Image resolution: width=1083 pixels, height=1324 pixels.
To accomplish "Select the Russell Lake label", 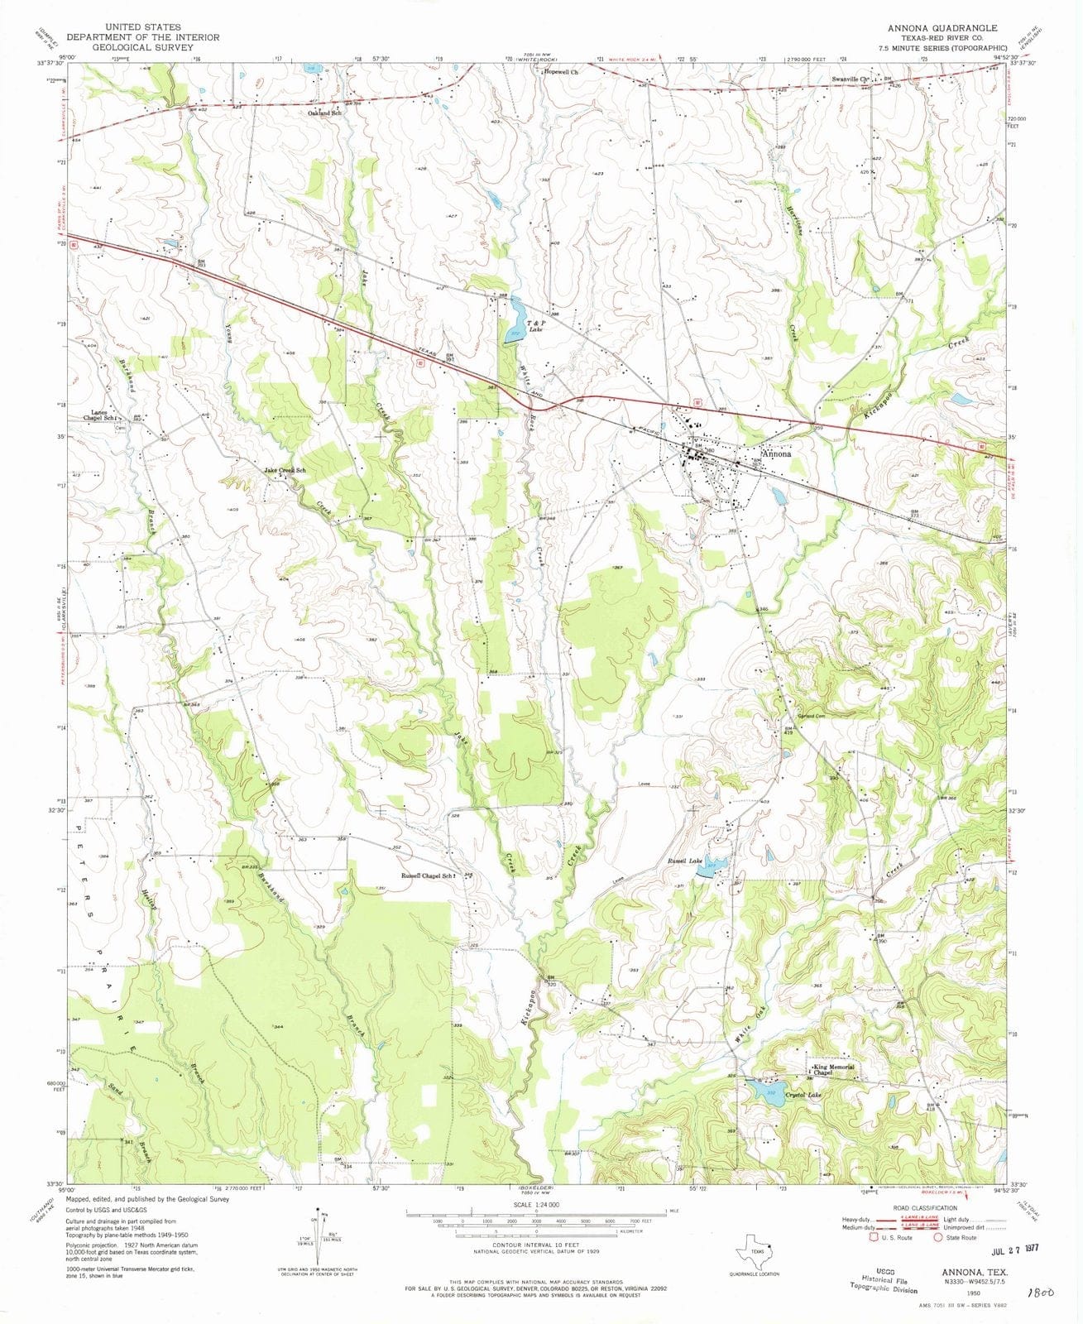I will (684, 861).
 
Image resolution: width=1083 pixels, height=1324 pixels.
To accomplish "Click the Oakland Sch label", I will (325, 113).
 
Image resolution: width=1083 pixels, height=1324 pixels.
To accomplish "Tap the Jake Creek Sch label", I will (285, 471).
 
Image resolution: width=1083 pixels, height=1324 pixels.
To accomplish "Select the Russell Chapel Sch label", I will (427, 875).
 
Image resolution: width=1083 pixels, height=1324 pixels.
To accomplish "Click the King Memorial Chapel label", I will (834, 1070).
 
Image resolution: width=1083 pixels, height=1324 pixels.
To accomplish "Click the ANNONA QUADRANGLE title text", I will (942, 27).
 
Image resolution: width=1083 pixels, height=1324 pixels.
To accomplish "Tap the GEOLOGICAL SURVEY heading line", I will (142, 47).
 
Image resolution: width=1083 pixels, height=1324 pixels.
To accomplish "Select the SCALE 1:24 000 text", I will (535, 1204).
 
